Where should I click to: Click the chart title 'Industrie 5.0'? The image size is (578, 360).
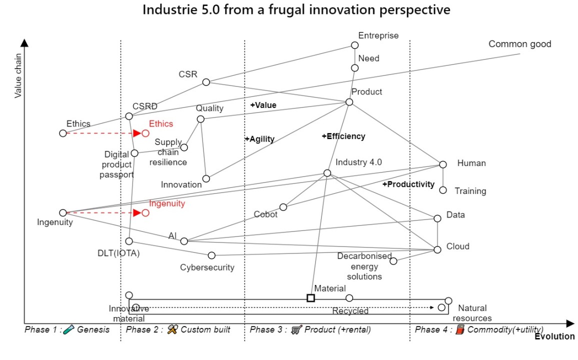pos(296,9)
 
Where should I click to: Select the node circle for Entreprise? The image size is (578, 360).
pos(354,45)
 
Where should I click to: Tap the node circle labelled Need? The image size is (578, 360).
pos(354,68)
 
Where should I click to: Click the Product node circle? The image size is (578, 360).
pos(349,102)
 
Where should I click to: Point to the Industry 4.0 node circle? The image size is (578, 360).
pos(327,173)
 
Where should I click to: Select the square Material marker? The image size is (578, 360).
pos(310,298)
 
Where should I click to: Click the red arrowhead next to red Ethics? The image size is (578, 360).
pos(136,133)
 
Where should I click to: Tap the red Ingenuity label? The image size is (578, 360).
pos(167,203)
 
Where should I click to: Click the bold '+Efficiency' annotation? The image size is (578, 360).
pos(343,136)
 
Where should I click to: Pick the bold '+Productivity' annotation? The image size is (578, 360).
pos(408,184)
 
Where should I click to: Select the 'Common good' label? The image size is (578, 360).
pos(519,44)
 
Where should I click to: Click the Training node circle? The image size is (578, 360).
pos(442,190)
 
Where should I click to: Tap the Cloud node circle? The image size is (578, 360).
pos(437,249)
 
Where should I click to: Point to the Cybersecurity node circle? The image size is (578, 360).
pos(211,255)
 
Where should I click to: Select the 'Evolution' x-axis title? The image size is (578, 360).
pos(554,336)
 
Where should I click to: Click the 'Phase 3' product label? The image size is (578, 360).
pos(310,329)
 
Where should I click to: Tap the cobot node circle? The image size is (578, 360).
pos(283,207)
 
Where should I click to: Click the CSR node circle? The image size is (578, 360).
pos(206,82)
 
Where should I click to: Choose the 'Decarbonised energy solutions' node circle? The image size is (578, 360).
pos(393,260)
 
